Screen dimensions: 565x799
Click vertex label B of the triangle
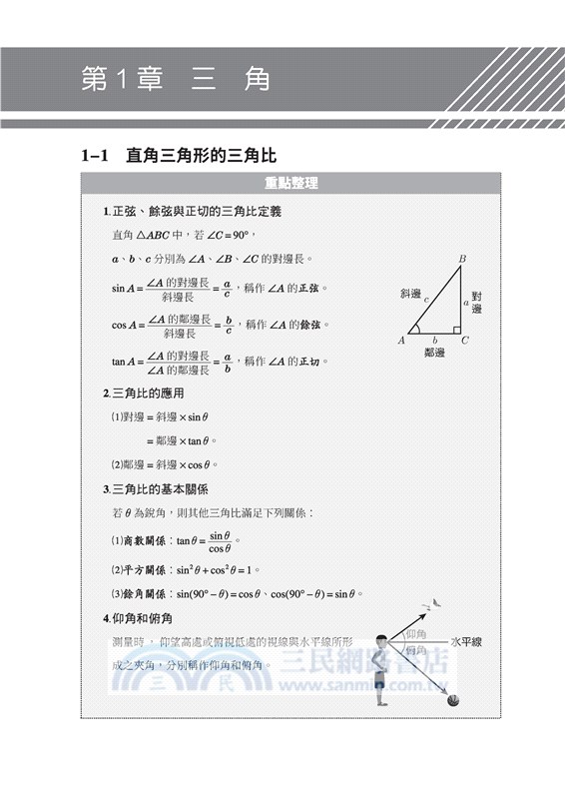(x=462, y=260)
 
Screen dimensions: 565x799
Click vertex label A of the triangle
(x=401, y=341)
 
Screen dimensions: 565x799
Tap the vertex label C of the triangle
(x=465, y=341)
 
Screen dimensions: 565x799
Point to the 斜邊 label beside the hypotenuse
(x=409, y=294)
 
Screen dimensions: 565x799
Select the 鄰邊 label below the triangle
(x=434, y=353)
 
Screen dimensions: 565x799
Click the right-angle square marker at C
(x=456, y=329)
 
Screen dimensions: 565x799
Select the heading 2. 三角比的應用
(x=146, y=394)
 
